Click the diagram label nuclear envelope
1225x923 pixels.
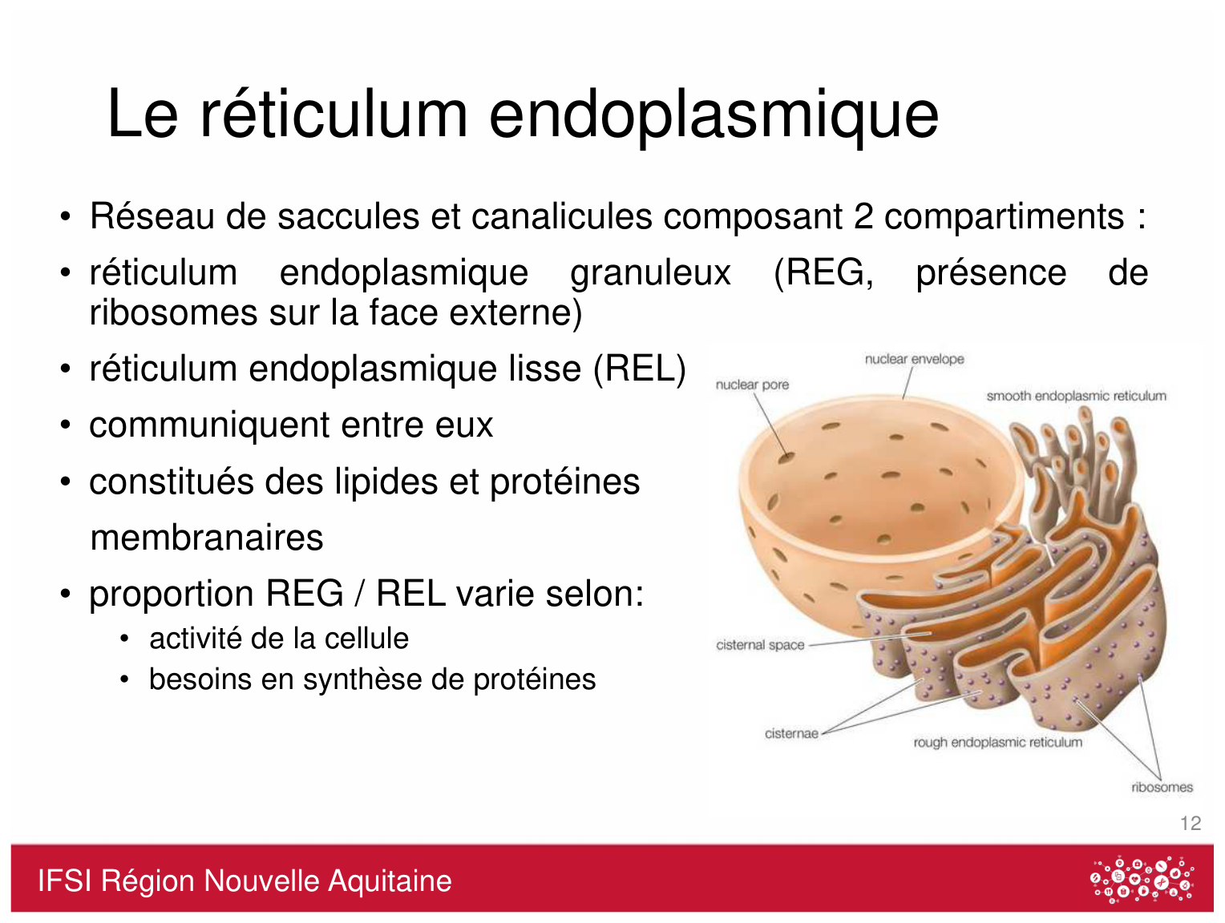point(914,359)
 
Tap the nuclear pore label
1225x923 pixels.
point(752,385)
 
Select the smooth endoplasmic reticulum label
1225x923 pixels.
point(1076,396)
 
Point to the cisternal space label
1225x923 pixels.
point(760,645)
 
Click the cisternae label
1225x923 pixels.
point(791,733)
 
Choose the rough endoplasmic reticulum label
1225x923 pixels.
point(997,742)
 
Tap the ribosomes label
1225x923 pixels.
point(1162,787)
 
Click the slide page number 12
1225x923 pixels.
point(1191,823)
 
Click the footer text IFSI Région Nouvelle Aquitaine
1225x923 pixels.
point(245,881)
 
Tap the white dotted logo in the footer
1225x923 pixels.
point(1142,880)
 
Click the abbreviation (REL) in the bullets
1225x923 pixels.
point(640,369)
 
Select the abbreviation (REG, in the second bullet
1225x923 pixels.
point(823,273)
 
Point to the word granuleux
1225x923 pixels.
point(650,274)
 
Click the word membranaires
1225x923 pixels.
point(207,538)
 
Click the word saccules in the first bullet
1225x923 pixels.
point(348,216)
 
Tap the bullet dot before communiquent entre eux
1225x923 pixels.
point(66,425)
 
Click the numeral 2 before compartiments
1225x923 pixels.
point(863,216)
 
